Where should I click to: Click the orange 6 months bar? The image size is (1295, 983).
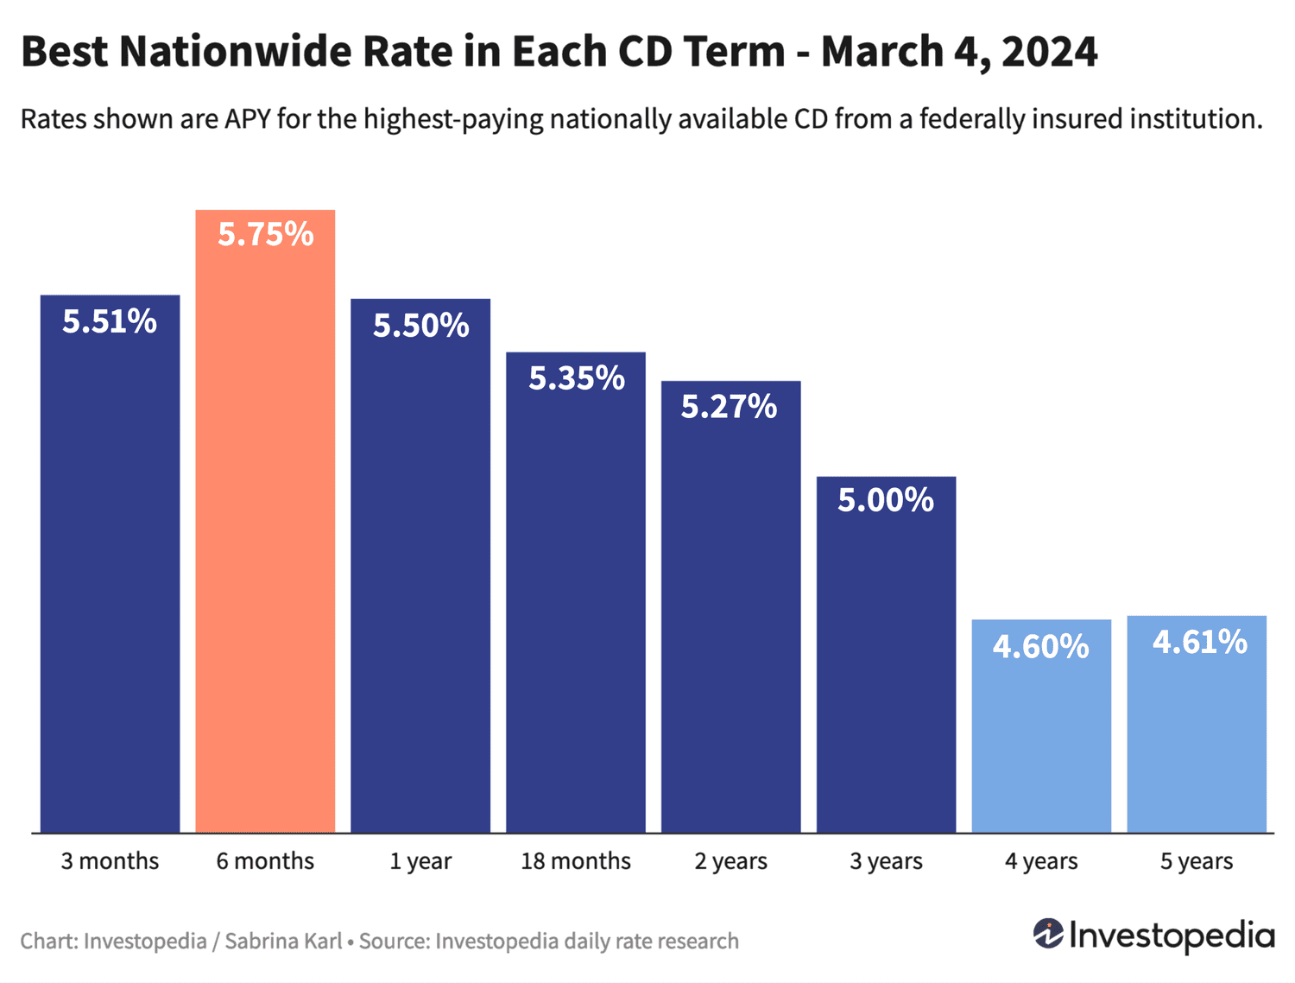click(x=265, y=536)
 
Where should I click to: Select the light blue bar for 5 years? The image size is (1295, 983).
click(x=1197, y=734)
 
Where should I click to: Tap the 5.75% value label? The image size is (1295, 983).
click(x=265, y=234)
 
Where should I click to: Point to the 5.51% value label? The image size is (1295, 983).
click(x=110, y=321)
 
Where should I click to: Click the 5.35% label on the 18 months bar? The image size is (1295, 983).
click(x=576, y=377)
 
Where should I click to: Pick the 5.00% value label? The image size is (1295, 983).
click(x=886, y=499)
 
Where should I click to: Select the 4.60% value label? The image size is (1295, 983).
click(x=1041, y=646)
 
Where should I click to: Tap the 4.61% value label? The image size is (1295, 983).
click(x=1199, y=642)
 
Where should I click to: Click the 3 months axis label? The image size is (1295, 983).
click(x=110, y=861)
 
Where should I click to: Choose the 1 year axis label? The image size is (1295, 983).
click(x=420, y=861)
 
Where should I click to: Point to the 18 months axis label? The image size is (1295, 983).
click(x=576, y=861)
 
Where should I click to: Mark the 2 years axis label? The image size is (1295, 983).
click(x=730, y=861)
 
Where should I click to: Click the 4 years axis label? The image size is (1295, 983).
click(x=1041, y=861)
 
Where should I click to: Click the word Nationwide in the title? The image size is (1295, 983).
click(x=235, y=52)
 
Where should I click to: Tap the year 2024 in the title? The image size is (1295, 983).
click(x=1050, y=52)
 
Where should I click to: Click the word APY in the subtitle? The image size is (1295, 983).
click(x=248, y=119)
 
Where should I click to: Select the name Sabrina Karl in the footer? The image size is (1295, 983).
click(x=283, y=941)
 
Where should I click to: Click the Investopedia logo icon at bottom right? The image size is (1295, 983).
click(x=1048, y=934)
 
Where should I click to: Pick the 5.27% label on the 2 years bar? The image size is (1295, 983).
click(x=730, y=406)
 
